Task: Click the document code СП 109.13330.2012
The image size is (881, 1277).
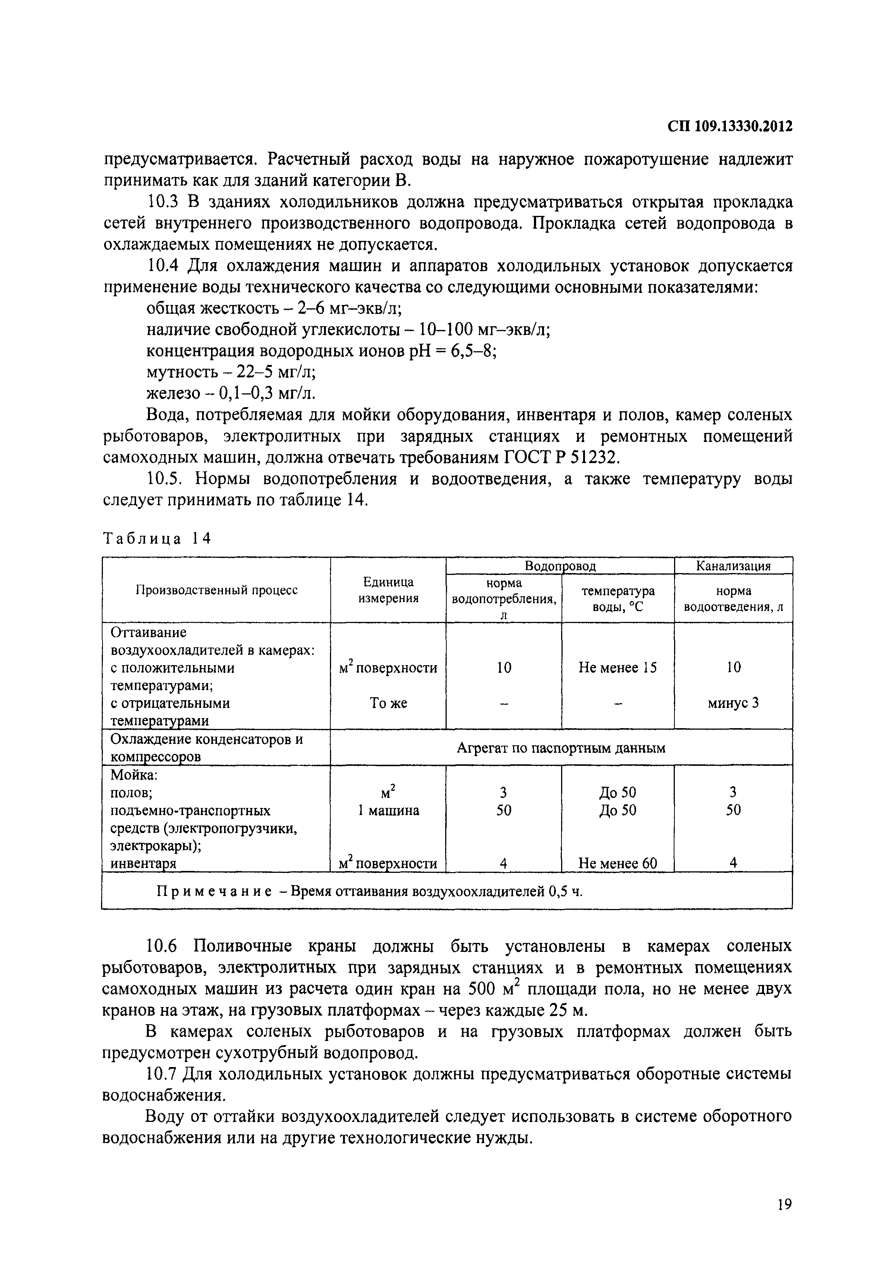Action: click(730, 127)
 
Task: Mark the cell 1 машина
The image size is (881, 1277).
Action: click(388, 810)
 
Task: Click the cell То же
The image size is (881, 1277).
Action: click(388, 703)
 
